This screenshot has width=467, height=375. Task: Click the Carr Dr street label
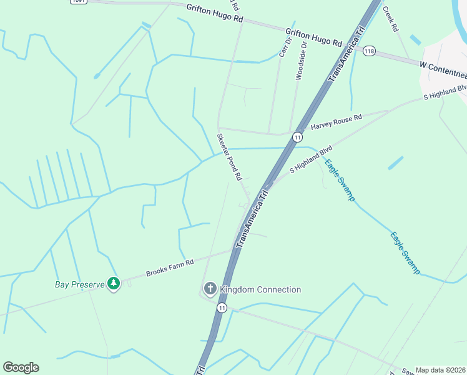285,48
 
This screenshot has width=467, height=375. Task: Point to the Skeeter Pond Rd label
229,156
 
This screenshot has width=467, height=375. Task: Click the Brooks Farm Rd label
170,267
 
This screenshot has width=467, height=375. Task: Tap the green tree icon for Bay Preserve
113,284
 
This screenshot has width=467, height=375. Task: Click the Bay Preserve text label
79,284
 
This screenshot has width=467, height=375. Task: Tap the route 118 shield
370,51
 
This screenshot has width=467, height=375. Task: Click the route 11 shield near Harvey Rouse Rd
298,137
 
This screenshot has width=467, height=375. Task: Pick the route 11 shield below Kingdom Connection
222,307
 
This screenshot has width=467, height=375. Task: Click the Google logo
21,367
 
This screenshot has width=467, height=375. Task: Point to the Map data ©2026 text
440,370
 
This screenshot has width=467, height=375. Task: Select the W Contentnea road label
443,66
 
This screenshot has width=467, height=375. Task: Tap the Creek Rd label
390,19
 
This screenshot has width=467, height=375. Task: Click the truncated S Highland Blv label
445,92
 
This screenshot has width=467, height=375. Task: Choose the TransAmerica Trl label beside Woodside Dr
346,54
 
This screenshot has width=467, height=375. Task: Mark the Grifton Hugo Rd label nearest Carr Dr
314,37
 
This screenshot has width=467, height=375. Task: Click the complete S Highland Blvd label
310,161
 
